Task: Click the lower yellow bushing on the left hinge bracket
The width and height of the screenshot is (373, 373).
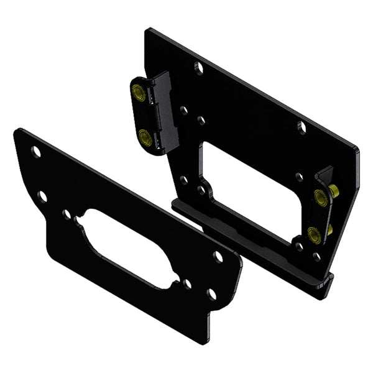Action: tap(144, 137)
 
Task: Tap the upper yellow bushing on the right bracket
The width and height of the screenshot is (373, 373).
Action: tap(321, 198)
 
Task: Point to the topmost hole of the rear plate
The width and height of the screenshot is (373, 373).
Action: tap(198, 67)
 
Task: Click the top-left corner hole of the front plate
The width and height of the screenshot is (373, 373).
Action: tap(37, 152)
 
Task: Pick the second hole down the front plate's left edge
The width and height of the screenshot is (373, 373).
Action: tap(42, 196)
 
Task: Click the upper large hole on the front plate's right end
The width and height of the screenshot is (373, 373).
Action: tap(218, 256)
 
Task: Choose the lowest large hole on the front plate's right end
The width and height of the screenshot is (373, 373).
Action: tap(211, 293)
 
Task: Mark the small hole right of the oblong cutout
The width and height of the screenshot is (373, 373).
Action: tap(188, 283)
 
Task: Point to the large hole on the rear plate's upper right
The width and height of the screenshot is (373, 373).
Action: tap(302, 127)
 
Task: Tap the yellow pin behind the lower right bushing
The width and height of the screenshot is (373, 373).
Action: tap(329, 229)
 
